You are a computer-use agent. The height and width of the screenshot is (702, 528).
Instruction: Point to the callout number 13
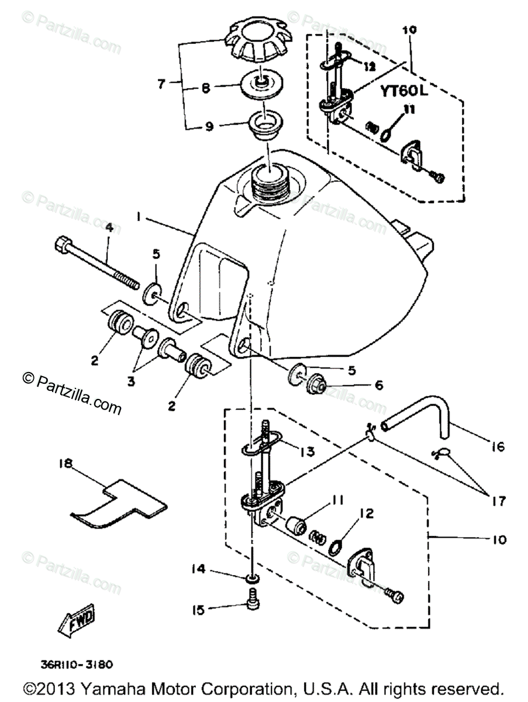pyautogui.click(x=306, y=451)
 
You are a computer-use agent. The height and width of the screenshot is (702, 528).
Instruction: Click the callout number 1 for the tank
pyautogui.click(x=138, y=216)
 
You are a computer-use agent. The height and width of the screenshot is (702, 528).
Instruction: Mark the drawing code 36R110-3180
pyautogui.click(x=77, y=665)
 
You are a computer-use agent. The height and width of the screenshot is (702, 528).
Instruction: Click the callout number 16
pyautogui.click(x=497, y=448)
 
